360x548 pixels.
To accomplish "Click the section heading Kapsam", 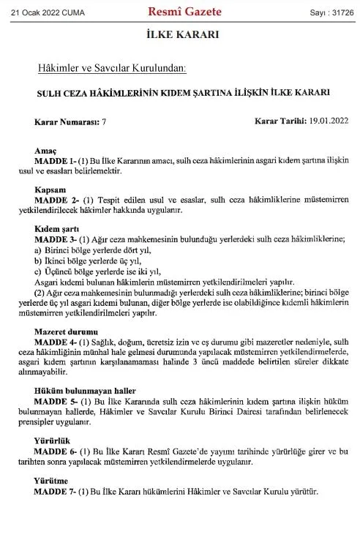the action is pyautogui.click(x=48, y=189).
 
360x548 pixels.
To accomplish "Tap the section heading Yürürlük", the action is pyautogui.click(x=52, y=442).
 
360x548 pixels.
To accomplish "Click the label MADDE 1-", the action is pyautogui.click(x=53, y=159).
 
